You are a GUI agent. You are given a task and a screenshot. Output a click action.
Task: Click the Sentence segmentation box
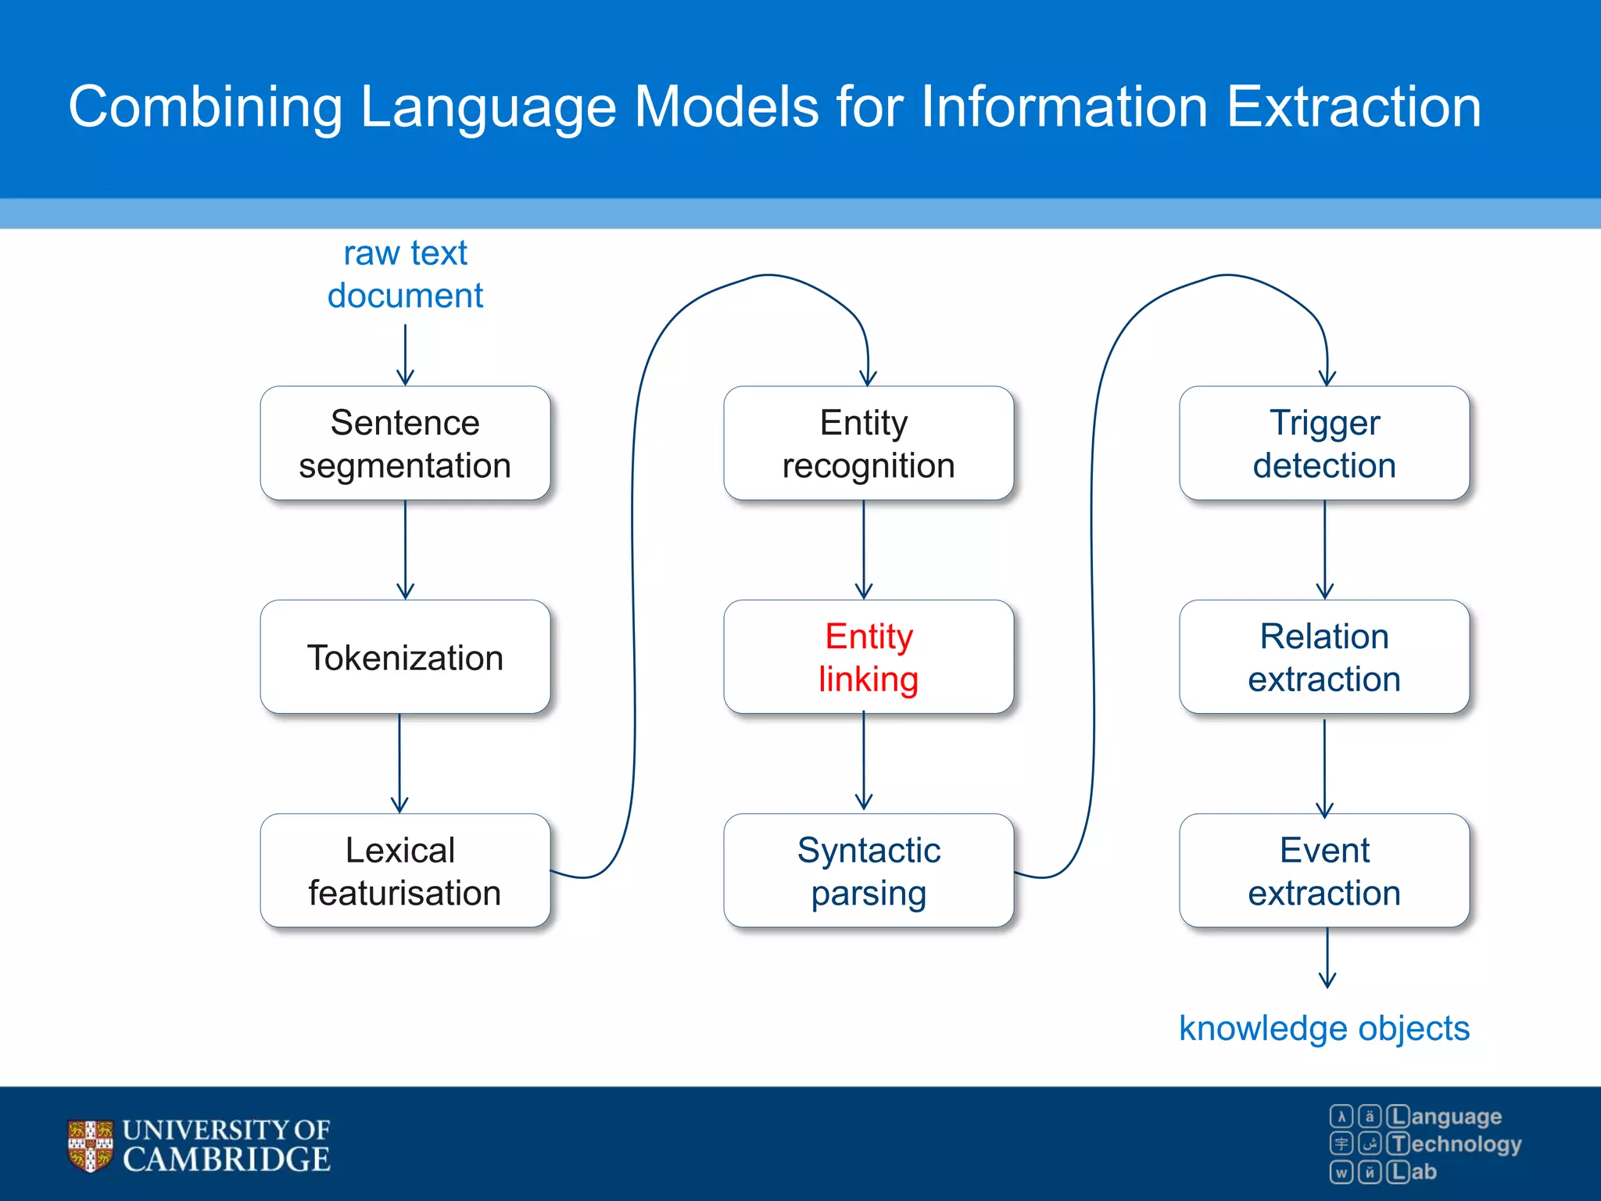(x=405, y=443)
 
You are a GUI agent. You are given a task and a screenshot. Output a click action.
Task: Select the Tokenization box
(x=405, y=657)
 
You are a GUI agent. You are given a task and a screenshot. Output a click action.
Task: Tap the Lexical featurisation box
(x=405, y=870)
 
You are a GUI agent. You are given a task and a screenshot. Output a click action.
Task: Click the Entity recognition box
(x=868, y=443)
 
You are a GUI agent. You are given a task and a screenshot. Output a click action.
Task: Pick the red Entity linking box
(x=868, y=657)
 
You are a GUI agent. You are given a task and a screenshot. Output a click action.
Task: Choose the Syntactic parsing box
(x=868, y=870)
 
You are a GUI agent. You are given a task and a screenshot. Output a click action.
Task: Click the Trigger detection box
(x=1324, y=443)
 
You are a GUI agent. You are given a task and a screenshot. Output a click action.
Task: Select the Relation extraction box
(x=1324, y=657)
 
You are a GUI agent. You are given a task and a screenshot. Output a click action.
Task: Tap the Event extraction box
(x=1324, y=870)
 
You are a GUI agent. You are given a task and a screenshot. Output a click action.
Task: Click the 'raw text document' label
(x=405, y=274)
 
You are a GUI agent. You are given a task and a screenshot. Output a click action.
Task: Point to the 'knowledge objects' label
(x=1324, y=1028)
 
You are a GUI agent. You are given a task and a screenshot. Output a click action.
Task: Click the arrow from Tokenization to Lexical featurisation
(x=399, y=762)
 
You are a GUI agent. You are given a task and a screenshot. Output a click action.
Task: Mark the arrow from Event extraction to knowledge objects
(x=1327, y=957)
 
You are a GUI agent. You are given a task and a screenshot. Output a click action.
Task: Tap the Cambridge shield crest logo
(x=90, y=1145)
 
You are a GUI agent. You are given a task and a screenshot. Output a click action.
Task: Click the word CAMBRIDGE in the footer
(x=227, y=1160)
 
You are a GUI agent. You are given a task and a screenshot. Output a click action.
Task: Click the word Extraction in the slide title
(x=1353, y=107)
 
